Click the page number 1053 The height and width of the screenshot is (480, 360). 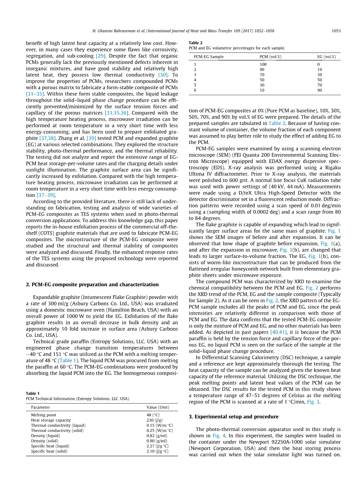click(x=336, y=31)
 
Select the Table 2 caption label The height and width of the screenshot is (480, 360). click(x=195, y=43)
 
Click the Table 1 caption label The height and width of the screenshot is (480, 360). click(x=33, y=393)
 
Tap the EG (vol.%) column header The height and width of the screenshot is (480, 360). click(x=326, y=57)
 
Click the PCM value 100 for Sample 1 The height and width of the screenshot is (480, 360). click(x=263, y=64)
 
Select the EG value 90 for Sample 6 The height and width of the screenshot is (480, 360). click(x=320, y=90)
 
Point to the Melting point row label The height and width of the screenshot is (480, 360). click(x=44, y=415)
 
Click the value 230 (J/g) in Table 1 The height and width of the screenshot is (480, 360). click(x=155, y=420)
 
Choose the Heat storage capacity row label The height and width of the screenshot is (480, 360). click(x=51, y=420)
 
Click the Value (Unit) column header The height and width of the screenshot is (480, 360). click(x=158, y=407)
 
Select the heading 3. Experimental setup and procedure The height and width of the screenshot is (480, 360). click(x=234, y=417)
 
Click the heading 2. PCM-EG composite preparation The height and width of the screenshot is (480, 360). click(x=92, y=284)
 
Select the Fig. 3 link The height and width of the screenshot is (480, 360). click(x=314, y=402)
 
